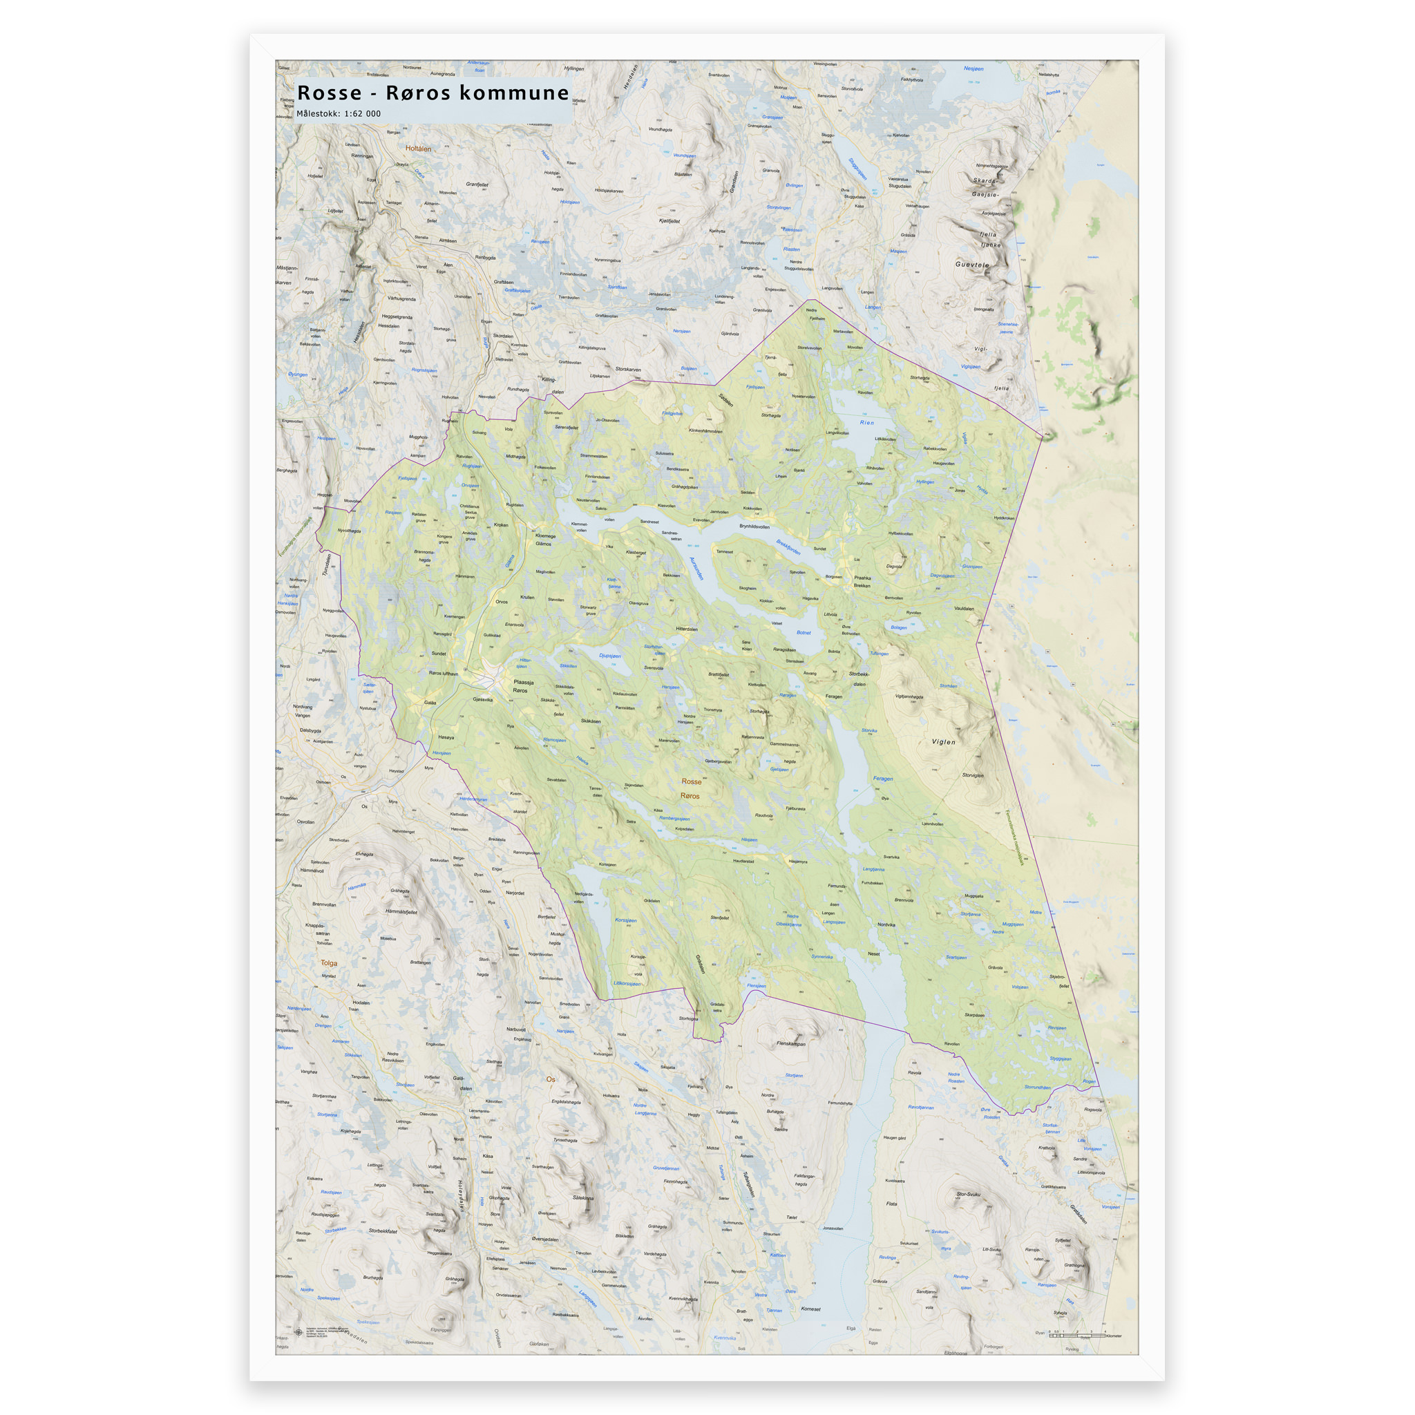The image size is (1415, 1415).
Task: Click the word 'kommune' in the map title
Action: coord(513,93)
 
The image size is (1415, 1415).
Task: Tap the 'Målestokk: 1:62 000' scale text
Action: coord(339,113)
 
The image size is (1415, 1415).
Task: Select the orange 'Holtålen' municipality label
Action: coord(418,149)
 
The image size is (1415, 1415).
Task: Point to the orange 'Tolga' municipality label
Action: coord(329,963)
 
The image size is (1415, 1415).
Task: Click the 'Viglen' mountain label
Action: coord(943,742)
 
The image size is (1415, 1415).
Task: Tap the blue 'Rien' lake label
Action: coord(866,423)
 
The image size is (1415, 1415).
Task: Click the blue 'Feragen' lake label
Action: coord(882,779)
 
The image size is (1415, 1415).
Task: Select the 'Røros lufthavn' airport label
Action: coord(443,673)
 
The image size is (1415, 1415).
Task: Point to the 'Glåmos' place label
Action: coord(542,544)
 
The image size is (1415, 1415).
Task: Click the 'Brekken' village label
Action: coord(862,585)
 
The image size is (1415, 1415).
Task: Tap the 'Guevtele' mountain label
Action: coord(972,265)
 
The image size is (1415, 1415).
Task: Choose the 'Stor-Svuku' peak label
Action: coord(967,1195)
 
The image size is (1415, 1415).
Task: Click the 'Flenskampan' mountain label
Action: coord(791,1044)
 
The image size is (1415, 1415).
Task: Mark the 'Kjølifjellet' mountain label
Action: coord(669,220)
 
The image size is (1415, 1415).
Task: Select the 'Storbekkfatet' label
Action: coord(383,1231)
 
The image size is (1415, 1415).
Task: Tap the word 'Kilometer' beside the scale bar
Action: coord(1113,1336)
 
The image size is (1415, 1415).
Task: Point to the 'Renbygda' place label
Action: coord(486,258)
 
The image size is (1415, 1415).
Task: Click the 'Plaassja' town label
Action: coord(523,682)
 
